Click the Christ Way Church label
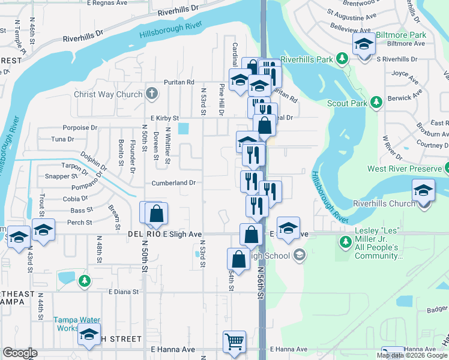pyautogui.click(x=107, y=94)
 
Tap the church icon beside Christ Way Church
pyautogui.click(x=152, y=94)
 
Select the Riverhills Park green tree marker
pyautogui.click(x=342, y=59)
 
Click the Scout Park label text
pyautogui.click(x=346, y=103)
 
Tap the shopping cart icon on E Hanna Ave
pyautogui.click(x=234, y=342)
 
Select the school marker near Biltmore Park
pyautogui.click(x=364, y=45)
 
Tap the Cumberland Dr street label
pyautogui.click(x=173, y=182)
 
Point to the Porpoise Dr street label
pyautogui.click(x=79, y=127)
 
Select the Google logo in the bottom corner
pyautogui.click(x=20, y=353)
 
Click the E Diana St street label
pyautogui.click(x=124, y=292)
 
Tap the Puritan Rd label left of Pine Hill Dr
pyautogui.click(x=181, y=82)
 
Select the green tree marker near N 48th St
pyautogui.click(x=85, y=280)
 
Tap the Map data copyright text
pyautogui.click(x=412, y=355)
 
